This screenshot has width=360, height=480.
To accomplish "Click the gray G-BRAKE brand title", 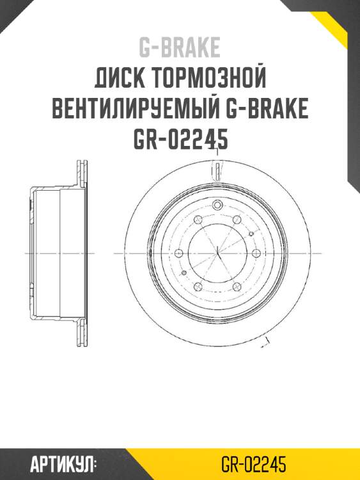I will (x=180, y=47).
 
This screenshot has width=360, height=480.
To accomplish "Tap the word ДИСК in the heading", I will (x=120, y=80).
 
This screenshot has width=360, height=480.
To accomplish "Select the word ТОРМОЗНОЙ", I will (x=208, y=80).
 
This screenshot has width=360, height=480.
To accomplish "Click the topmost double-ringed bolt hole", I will (x=217, y=205).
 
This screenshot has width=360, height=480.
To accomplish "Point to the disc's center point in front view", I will (x=217, y=253).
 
